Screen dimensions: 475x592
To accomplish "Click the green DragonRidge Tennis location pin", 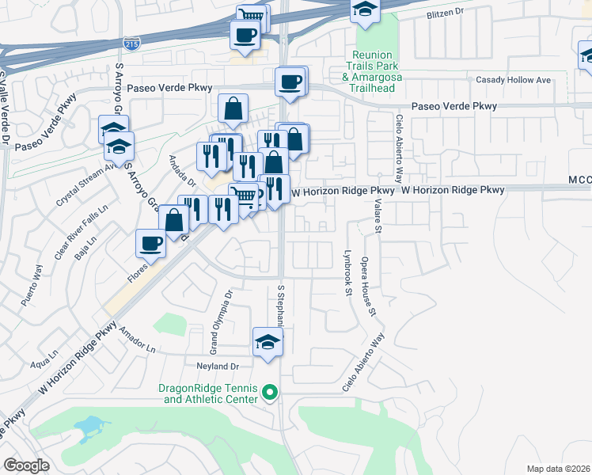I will (x=270, y=392).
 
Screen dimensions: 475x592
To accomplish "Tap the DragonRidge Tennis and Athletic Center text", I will (x=209, y=393).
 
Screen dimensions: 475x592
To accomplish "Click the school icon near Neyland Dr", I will (x=268, y=343).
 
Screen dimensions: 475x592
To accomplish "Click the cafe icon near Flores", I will (x=150, y=244).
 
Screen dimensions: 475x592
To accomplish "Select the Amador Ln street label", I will (x=137, y=344).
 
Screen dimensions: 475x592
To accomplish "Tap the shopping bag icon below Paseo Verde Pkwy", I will (x=233, y=109).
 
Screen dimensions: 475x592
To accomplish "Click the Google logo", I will (x=28, y=465).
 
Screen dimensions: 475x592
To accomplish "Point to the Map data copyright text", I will (x=558, y=469).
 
